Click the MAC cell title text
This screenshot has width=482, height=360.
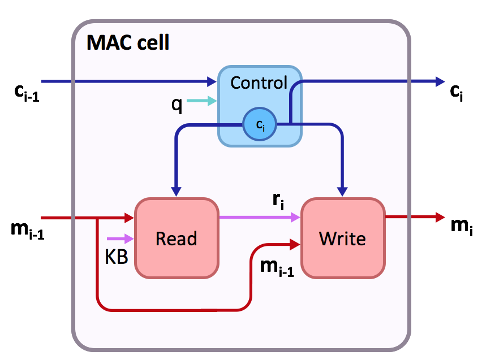(x=128, y=42)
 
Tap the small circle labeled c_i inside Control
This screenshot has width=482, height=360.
(x=260, y=127)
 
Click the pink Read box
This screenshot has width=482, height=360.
(x=176, y=238)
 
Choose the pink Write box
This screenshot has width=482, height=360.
(x=342, y=238)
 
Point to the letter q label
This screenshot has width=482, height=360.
(x=177, y=104)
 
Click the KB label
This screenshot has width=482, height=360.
(x=117, y=257)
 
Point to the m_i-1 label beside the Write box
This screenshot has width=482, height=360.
(x=276, y=265)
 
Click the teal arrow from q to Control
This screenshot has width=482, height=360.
(x=201, y=101)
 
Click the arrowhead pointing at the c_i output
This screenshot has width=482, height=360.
(x=440, y=82)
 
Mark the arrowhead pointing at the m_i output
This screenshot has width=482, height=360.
(x=438, y=216)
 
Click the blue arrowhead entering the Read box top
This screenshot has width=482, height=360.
(x=177, y=191)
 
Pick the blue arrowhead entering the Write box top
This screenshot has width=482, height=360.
(x=342, y=191)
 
